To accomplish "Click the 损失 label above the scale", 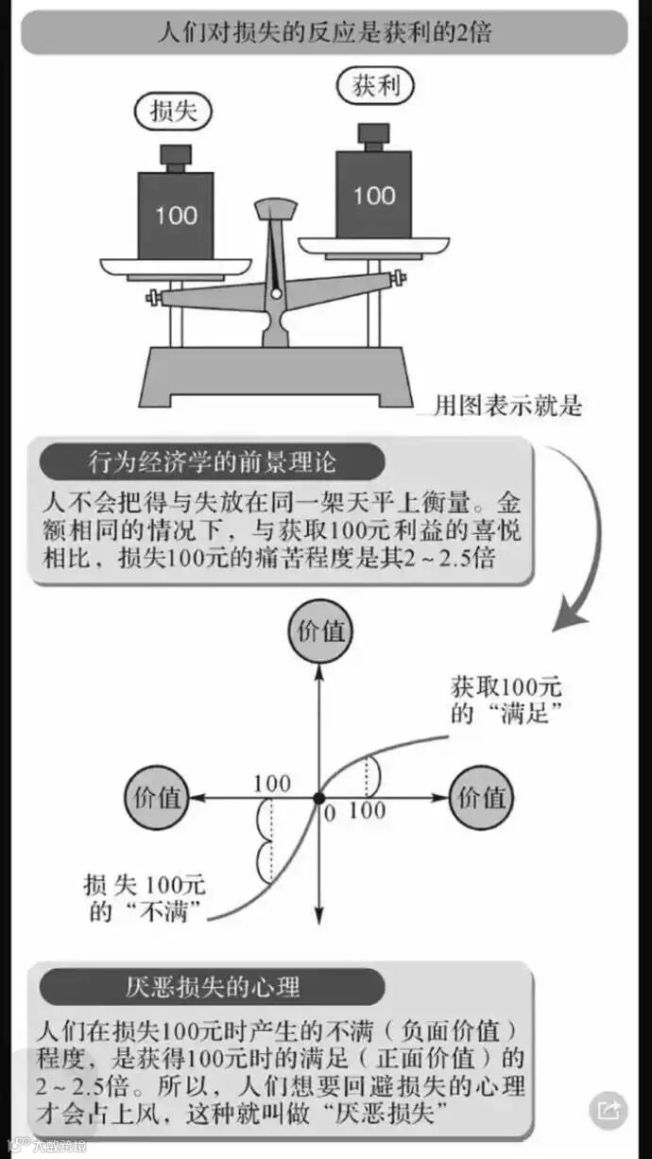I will coord(174,111).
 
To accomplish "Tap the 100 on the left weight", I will coord(176,215).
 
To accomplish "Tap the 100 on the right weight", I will coord(374,195).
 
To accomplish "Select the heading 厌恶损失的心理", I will coord(213,988).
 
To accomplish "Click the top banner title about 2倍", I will coord(324,31).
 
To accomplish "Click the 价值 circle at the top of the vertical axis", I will coord(319,631).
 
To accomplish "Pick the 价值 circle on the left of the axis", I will coord(157,797).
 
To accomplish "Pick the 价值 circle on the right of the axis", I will coord(481,797).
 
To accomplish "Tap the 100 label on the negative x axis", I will coord(272,783).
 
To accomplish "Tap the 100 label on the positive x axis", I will coord(367,811).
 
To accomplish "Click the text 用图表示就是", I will coord(507,407).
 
